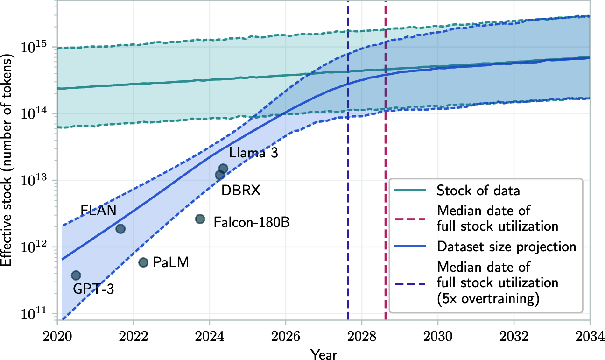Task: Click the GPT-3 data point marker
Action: [76, 275]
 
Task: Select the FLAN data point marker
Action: [120, 228]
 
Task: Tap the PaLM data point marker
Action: [143, 262]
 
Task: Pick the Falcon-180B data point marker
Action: [200, 219]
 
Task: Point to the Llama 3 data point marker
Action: [223, 169]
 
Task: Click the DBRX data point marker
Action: [219, 175]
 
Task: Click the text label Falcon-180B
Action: [252, 222]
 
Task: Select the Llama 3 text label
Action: [253, 153]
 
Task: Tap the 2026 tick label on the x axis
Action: [285, 336]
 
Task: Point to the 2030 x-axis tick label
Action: [437, 336]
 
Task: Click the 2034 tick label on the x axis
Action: [590, 336]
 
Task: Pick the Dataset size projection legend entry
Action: [506, 247]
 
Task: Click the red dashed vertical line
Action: [386, 140]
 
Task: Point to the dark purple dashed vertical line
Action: [348, 140]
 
